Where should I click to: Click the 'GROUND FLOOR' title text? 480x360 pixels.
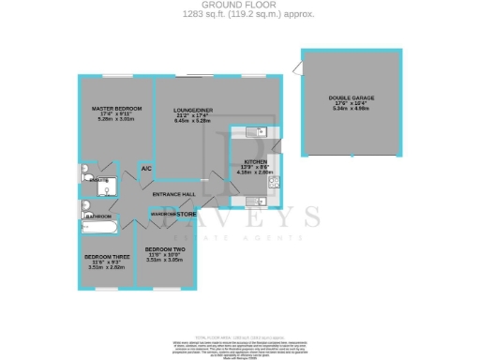click(239, 5)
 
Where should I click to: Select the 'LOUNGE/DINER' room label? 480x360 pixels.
click(193, 110)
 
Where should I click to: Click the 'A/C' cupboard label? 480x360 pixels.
click(146, 168)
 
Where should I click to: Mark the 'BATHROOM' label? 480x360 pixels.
click(99, 216)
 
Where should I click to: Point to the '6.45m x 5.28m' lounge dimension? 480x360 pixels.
click(193, 121)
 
